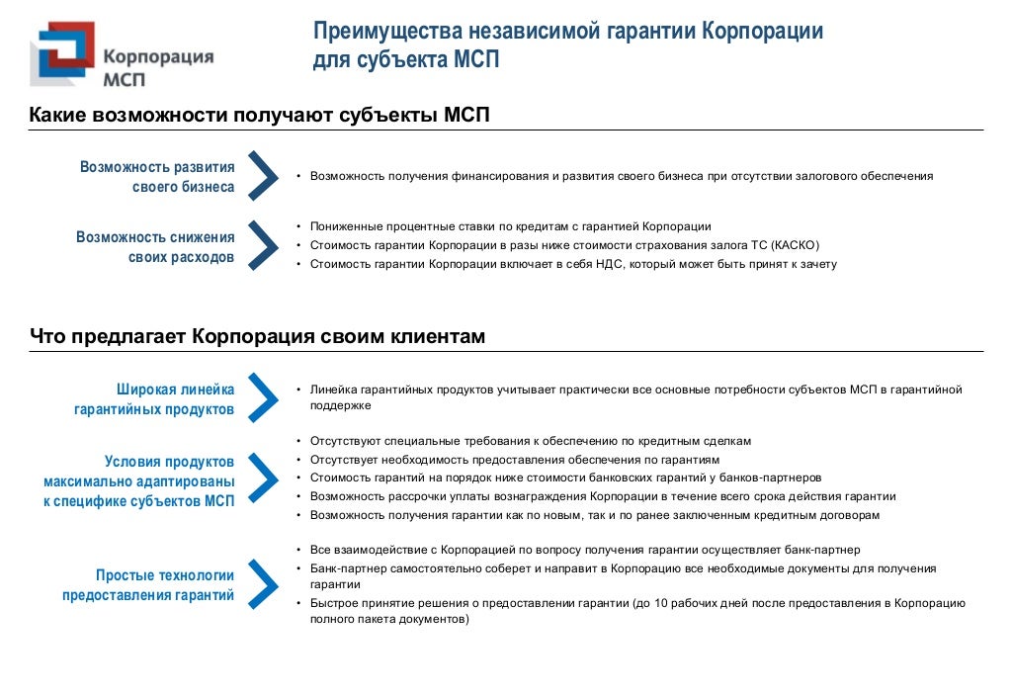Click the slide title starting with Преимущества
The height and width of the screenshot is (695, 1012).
click(x=567, y=45)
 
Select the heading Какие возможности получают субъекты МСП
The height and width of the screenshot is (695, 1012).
click(x=259, y=116)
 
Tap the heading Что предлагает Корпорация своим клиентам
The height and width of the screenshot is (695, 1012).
click(x=257, y=337)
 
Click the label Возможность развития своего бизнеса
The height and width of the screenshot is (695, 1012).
click(x=157, y=177)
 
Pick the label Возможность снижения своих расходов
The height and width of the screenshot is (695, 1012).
click(x=155, y=247)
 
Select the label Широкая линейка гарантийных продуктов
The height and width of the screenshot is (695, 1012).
click(x=154, y=398)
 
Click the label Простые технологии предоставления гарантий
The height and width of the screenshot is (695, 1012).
click(x=148, y=584)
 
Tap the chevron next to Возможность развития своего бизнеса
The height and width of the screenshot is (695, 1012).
click(x=262, y=176)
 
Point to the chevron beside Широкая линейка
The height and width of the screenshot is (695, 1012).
click(x=262, y=397)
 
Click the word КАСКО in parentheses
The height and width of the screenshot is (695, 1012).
click(x=796, y=245)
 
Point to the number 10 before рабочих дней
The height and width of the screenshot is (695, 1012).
click(x=661, y=603)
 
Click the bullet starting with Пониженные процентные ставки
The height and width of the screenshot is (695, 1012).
click(x=510, y=226)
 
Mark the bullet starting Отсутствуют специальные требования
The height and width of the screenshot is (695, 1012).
click(x=531, y=441)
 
